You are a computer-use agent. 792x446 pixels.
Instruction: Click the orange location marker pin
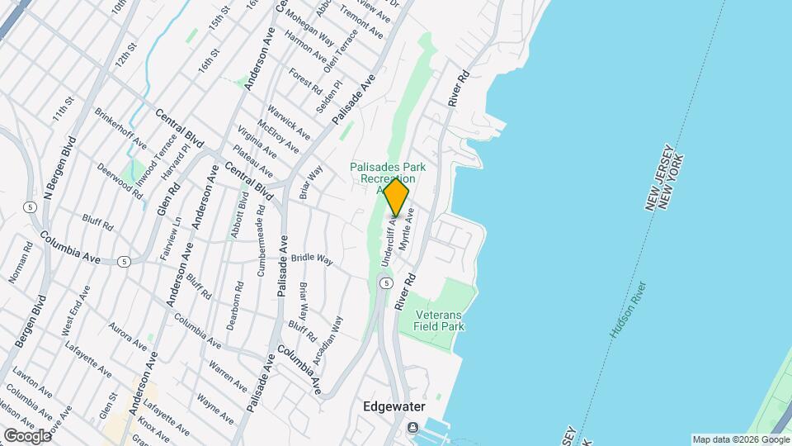(x=396, y=197)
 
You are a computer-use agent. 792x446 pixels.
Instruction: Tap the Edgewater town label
(x=397, y=407)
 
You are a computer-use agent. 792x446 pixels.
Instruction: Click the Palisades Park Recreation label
(x=382, y=173)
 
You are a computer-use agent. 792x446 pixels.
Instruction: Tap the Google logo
(x=27, y=435)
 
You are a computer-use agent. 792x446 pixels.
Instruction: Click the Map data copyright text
(x=739, y=439)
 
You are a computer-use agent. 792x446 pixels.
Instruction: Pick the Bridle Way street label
(x=311, y=259)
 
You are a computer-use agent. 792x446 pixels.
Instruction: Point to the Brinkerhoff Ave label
(x=120, y=130)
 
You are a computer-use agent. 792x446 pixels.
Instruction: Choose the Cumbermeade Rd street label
(x=262, y=240)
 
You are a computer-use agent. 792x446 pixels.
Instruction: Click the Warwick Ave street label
(x=289, y=121)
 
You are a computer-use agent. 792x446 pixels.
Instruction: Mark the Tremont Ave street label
(x=364, y=22)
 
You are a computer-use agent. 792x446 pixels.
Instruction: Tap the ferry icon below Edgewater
(x=411, y=427)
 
